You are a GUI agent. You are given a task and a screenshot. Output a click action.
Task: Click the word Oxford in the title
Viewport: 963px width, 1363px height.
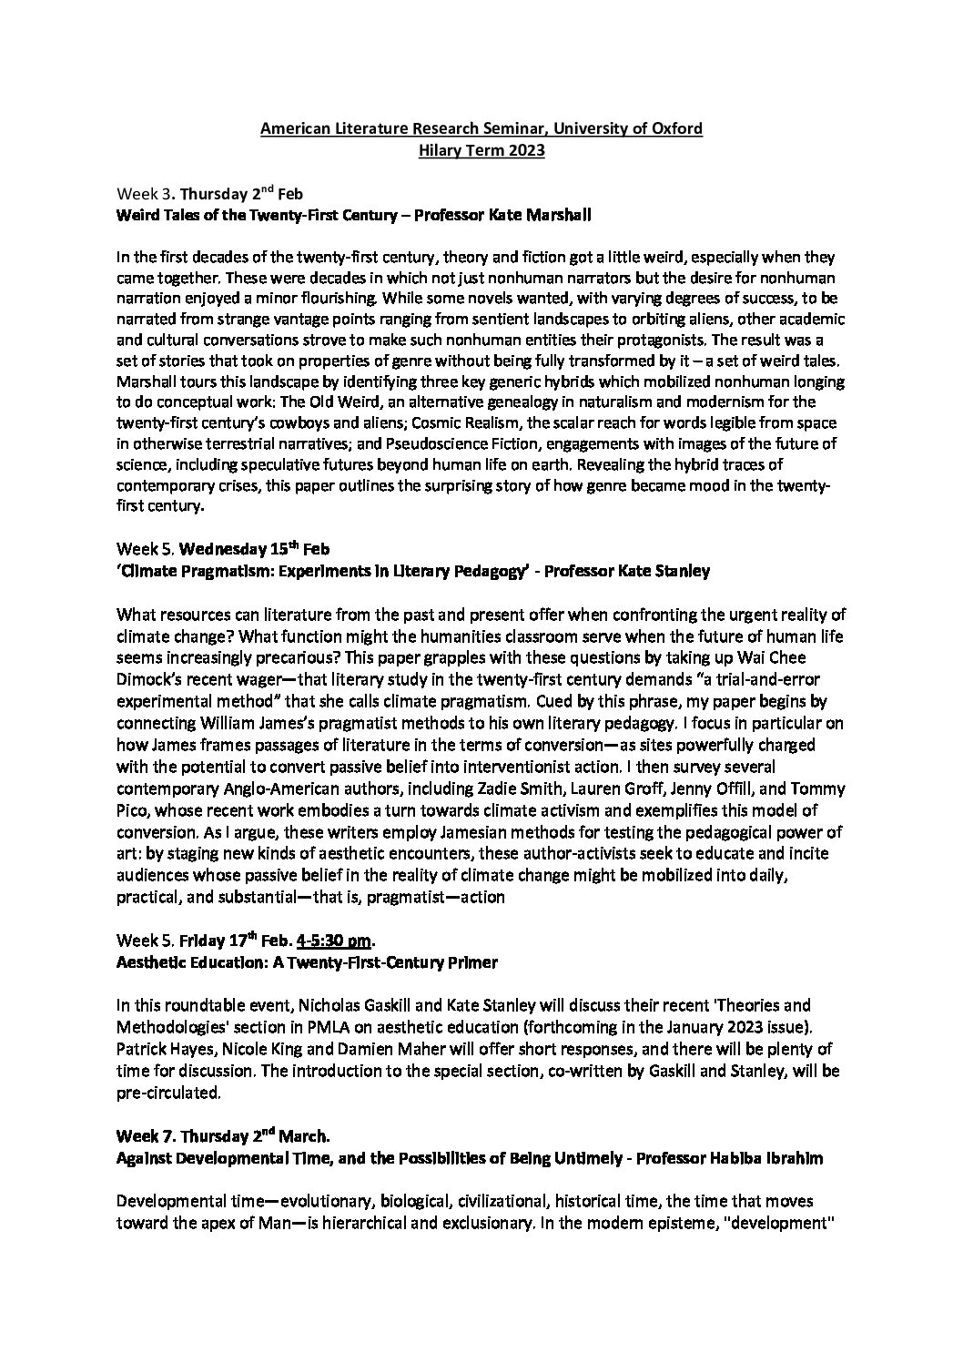point(678,128)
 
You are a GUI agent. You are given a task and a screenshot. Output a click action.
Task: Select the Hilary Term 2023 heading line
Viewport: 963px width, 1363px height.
point(481,150)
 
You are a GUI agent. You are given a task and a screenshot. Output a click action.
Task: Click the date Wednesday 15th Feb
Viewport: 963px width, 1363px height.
point(246,550)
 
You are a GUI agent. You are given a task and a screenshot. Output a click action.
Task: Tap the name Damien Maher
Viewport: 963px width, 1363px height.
point(328,1049)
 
